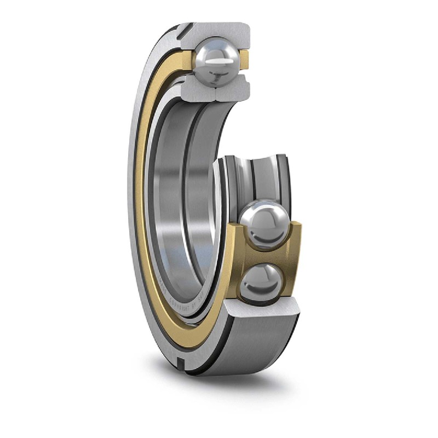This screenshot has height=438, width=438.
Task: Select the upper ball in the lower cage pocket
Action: click(x=266, y=224)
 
